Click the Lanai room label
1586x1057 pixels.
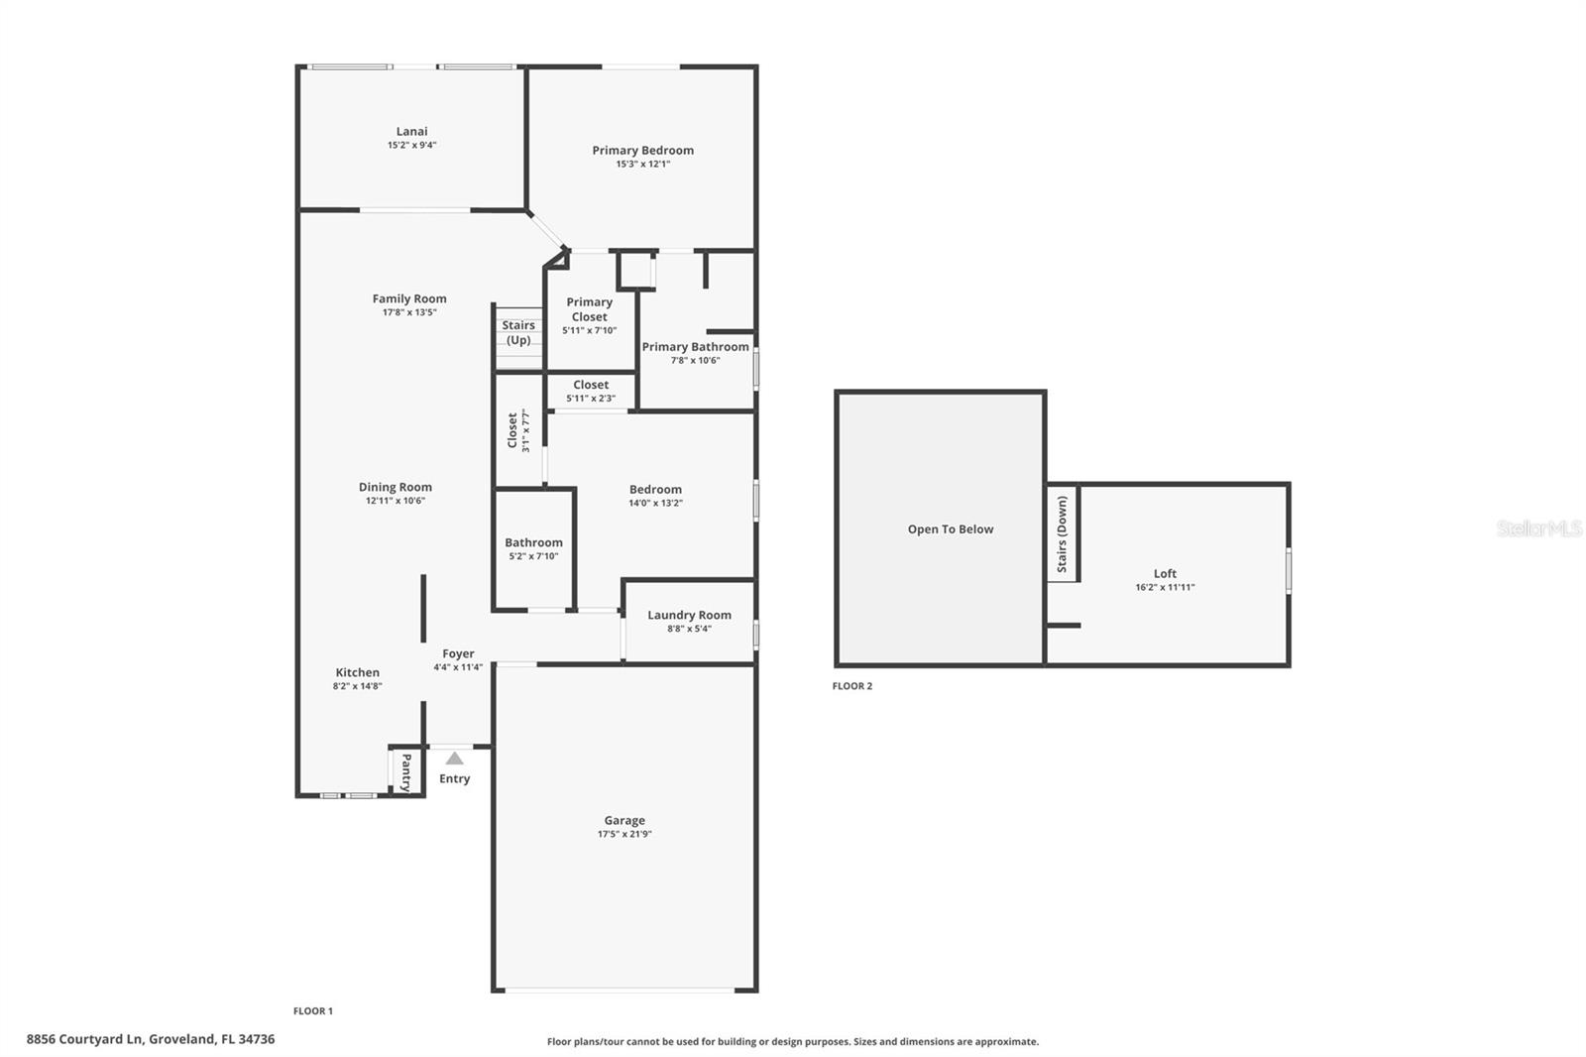click(x=411, y=131)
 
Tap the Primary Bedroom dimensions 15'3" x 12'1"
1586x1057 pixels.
click(x=642, y=165)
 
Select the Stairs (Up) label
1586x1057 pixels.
click(x=518, y=332)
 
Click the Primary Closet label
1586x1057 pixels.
click(x=589, y=309)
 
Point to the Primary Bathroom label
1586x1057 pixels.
click(x=695, y=347)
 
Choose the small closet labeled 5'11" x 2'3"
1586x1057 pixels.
click(x=591, y=391)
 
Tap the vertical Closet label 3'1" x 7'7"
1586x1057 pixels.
click(x=517, y=431)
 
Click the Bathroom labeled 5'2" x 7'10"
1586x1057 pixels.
click(x=533, y=548)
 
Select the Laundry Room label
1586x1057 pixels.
click(x=689, y=615)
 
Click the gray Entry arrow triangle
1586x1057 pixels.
click(x=454, y=759)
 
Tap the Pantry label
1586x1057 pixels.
click(x=406, y=771)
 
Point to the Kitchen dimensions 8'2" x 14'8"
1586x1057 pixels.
click(x=357, y=686)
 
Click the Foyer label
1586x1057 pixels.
click(x=458, y=653)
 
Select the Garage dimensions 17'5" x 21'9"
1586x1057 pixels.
click(x=624, y=834)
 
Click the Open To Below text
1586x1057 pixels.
click(x=950, y=529)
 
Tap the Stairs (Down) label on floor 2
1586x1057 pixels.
click(x=1062, y=534)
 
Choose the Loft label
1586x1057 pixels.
click(x=1165, y=573)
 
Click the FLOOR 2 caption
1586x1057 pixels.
click(x=852, y=686)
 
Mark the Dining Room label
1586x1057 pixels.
click(x=395, y=487)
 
